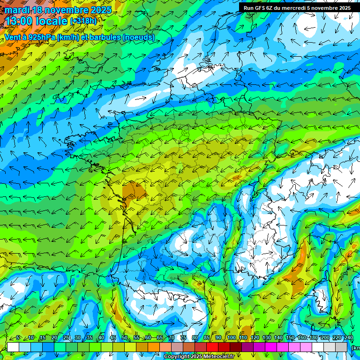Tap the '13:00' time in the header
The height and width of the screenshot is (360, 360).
coord(18,21)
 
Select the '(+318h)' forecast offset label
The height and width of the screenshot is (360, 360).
coord(83,21)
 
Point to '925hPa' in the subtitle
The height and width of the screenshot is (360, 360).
coord(41,37)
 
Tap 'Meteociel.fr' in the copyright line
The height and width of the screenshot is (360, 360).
coord(217,357)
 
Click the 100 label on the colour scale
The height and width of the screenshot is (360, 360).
coord(231,338)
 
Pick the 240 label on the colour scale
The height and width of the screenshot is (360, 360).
coord(348,338)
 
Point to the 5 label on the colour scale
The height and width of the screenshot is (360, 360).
coord(18,338)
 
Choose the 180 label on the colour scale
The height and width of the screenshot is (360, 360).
coord(313,338)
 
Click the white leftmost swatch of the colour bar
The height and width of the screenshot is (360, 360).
coord(13,347)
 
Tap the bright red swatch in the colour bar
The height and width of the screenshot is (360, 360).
coord(212,347)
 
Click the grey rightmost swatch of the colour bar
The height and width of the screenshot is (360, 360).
coord(342,347)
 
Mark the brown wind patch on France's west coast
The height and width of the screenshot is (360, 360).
coord(134,191)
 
